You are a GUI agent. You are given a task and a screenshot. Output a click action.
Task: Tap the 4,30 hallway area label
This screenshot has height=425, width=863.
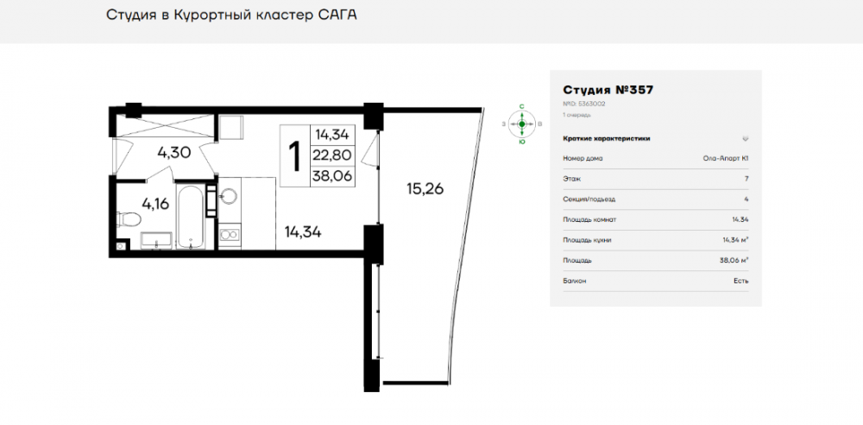[173, 153]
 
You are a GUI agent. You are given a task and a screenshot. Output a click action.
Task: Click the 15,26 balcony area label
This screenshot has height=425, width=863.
[425, 189]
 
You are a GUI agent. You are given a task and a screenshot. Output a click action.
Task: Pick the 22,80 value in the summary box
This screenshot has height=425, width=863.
[331, 155]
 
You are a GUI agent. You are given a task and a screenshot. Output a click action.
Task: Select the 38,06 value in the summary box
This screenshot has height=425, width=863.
[331, 176]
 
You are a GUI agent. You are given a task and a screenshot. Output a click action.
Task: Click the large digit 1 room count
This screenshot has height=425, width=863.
[294, 156]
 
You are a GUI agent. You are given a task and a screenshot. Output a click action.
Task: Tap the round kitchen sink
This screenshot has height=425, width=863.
[229, 195]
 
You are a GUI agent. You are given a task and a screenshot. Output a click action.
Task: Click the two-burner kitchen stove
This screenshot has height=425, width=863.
[229, 233]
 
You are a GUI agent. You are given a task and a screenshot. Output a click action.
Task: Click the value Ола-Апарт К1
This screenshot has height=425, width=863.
[726, 158]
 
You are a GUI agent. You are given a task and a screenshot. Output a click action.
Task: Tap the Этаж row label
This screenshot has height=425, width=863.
[571, 179]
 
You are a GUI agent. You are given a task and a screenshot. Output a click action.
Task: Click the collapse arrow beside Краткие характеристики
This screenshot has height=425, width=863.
[745, 138]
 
